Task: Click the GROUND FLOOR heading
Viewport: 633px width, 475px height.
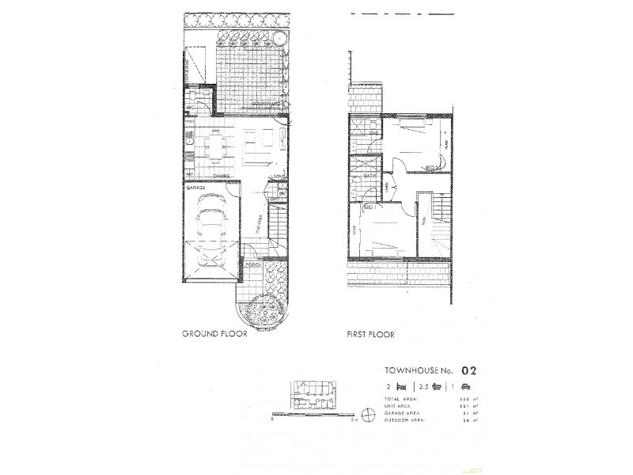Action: click(x=215, y=334)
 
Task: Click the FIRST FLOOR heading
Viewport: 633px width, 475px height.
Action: click(x=371, y=334)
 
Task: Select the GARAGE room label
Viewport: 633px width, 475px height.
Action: click(x=196, y=188)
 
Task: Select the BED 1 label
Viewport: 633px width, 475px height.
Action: click(x=368, y=207)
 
